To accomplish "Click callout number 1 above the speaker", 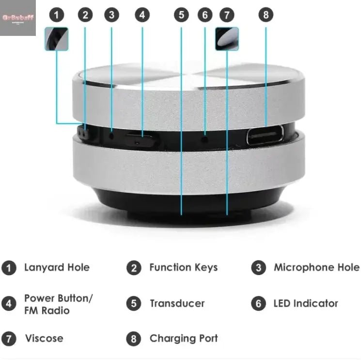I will click(57, 15).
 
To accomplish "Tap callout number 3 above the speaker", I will click(111, 15).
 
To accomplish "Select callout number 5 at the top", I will click(181, 15).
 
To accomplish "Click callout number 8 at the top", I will click(266, 15).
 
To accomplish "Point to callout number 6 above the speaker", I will click(205, 15).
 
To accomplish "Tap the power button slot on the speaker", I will click(141, 141).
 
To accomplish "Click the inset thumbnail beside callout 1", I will click(57, 39).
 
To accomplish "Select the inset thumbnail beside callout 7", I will click(227, 39).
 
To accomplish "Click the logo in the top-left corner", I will click(18, 18).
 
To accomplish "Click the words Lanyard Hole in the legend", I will click(57, 267).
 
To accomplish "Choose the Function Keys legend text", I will click(183, 267).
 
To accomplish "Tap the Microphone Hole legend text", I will click(316, 267).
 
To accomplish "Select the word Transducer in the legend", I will click(177, 304).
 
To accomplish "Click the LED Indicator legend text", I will click(305, 304).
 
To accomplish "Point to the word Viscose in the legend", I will click(44, 338).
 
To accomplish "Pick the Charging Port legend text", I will click(184, 338).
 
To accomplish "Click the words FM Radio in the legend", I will click(47, 311).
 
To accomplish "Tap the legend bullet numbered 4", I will click(9, 304).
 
